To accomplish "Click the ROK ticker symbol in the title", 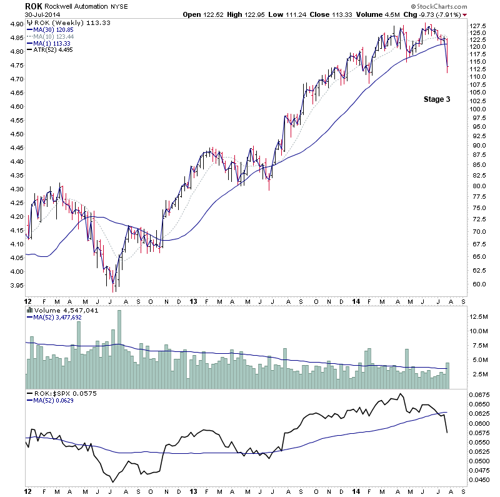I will [33, 6].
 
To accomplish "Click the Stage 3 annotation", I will [437, 99].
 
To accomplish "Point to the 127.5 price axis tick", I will [478, 26].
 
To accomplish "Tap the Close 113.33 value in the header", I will [342, 14].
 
